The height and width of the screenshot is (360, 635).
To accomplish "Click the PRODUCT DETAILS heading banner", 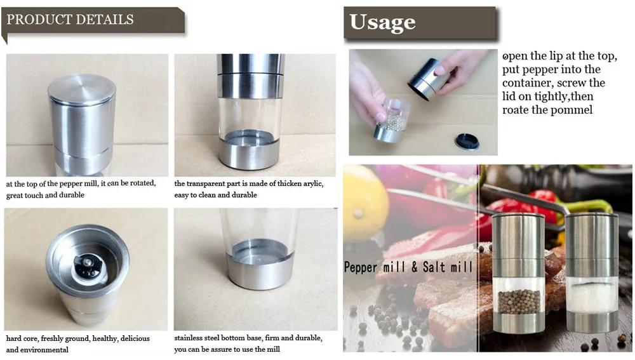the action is pos(93,21).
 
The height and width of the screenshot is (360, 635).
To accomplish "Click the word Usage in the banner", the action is pos(382,23).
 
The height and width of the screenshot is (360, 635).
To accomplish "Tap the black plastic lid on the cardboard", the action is pos(467,142).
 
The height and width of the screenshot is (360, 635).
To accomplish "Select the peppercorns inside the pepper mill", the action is pos(518,302).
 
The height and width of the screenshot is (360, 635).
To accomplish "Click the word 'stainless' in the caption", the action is pos(189,338).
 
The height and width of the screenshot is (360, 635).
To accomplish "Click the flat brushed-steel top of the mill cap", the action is pos(82,88).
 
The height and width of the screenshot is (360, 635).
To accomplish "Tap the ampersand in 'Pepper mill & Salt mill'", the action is pos(414,267).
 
